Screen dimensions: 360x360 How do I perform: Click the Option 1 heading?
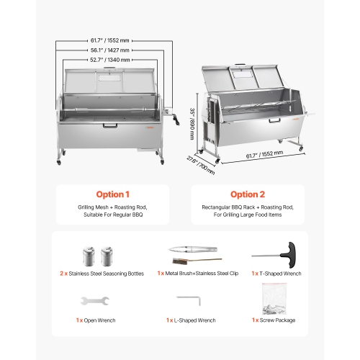(x=113, y=194)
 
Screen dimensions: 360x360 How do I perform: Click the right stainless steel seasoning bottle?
(x=109, y=256)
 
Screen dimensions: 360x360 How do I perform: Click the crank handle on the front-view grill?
(x=169, y=114)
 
